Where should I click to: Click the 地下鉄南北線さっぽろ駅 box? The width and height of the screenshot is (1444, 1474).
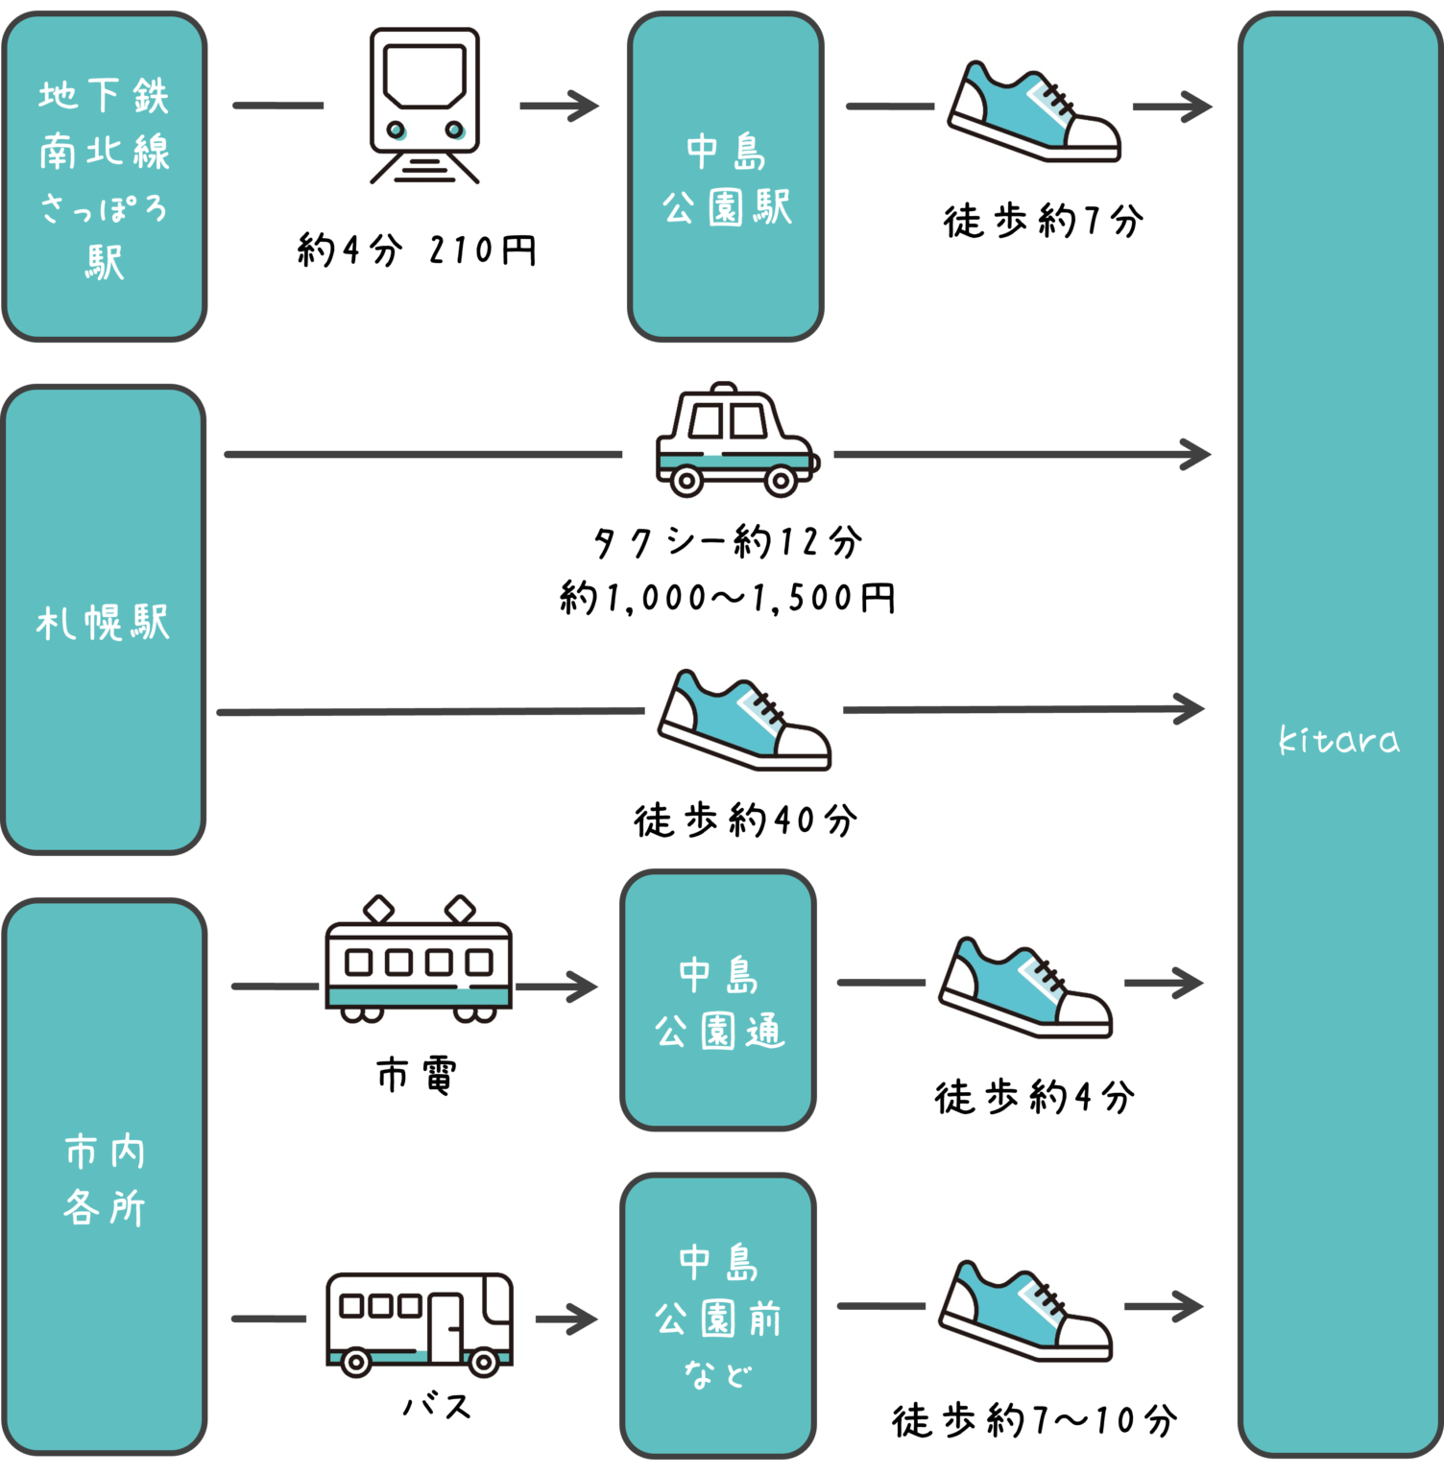(x=105, y=177)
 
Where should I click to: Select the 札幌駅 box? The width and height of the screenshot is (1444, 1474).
(x=104, y=620)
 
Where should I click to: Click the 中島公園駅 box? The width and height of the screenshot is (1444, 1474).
(x=726, y=177)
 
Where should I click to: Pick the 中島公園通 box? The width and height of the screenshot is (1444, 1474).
(x=718, y=1000)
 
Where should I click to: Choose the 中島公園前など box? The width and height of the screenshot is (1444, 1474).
(x=718, y=1316)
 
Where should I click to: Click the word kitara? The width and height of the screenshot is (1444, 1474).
(x=1339, y=740)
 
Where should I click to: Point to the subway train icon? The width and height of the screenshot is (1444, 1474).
(x=423, y=106)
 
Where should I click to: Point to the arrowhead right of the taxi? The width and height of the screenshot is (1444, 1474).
(x=1196, y=454)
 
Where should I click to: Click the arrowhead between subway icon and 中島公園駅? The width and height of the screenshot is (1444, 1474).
(x=584, y=106)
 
